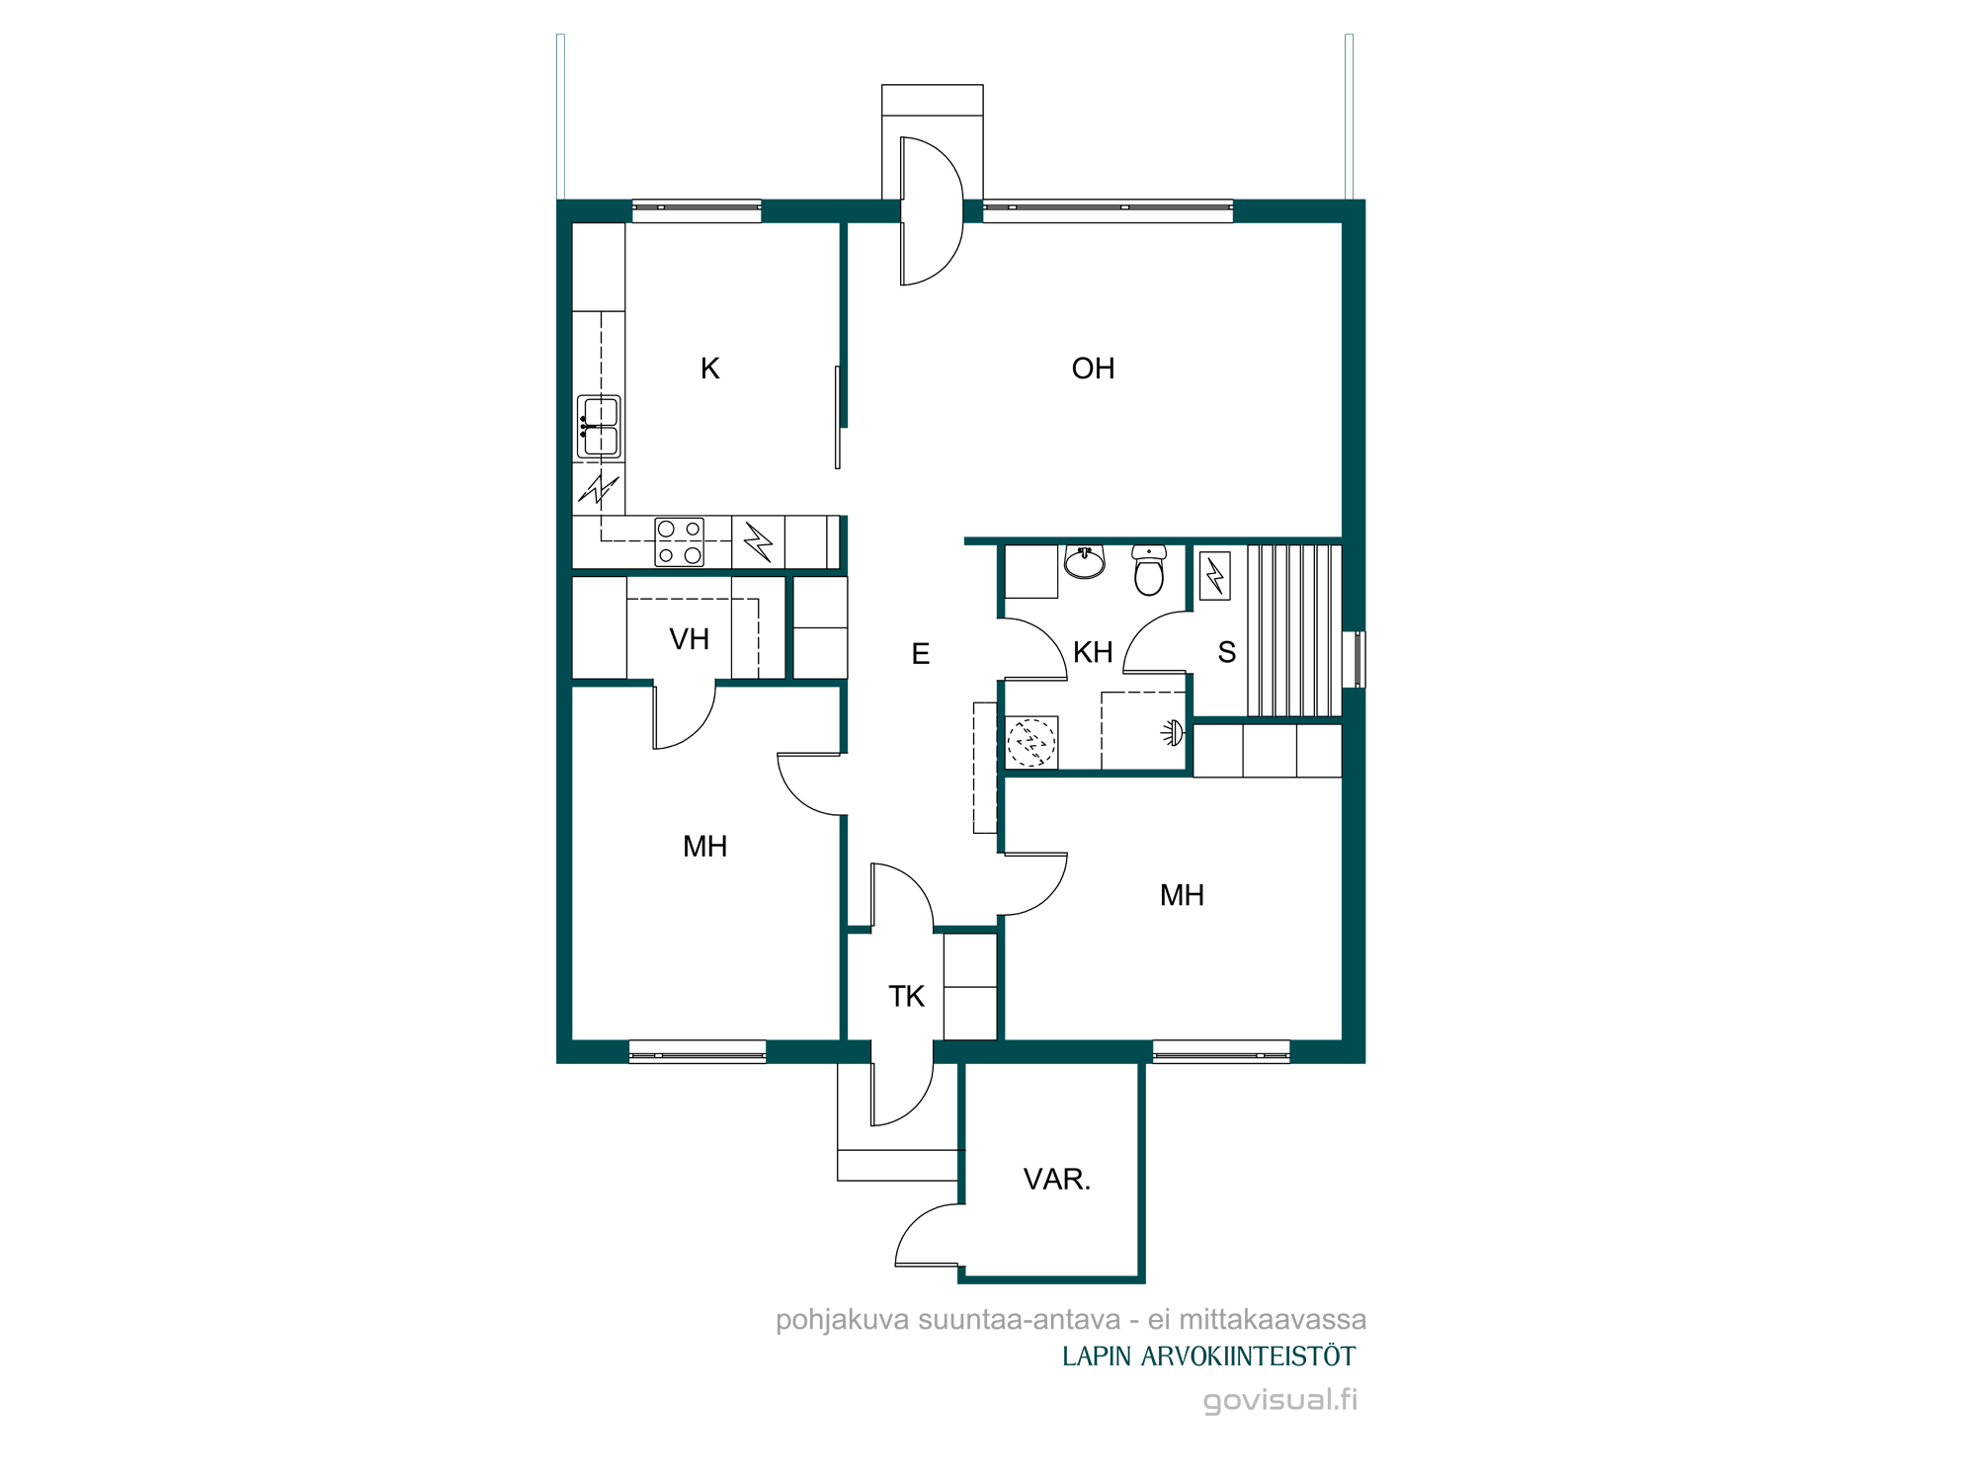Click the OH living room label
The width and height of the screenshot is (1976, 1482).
(x=1093, y=369)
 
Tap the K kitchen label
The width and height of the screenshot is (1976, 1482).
(x=709, y=369)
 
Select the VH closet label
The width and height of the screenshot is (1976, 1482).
(x=689, y=639)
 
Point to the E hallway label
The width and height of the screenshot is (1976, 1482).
(x=920, y=654)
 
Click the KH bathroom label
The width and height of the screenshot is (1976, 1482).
(x=1093, y=652)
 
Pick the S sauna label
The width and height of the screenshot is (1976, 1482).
(x=1226, y=652)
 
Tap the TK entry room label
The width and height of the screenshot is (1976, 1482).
(x=906, y=996)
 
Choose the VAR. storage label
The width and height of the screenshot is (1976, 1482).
(x=1056, y=1179)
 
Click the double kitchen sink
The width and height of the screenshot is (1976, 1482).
(x=599, y=427)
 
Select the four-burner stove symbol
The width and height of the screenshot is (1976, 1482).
(x=680, y=542)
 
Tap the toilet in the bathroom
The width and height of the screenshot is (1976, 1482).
(x=1149, y=570)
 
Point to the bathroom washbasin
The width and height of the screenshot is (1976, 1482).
(x=1085, y=561)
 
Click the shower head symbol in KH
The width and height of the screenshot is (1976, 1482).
(x=1173, y=732)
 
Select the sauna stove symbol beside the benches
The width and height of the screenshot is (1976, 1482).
(x=1215, y=576)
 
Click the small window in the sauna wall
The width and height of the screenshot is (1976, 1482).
(x=1359, y=659)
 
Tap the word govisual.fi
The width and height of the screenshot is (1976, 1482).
(x=1280, y=1400)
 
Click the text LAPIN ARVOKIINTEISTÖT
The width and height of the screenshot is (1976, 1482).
(x=1208, y=1357)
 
